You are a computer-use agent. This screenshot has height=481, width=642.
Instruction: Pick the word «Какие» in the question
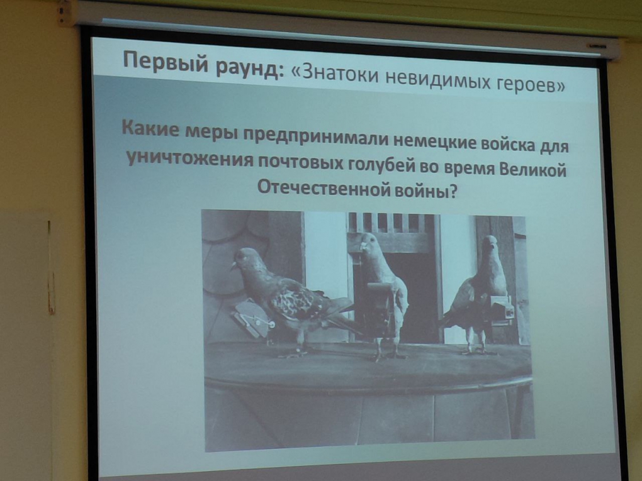point(150,128)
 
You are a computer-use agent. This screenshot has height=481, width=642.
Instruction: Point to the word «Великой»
point(532,169)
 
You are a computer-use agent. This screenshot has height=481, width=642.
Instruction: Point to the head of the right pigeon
point(489,244)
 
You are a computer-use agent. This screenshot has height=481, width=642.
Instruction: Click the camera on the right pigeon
point(502,309)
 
